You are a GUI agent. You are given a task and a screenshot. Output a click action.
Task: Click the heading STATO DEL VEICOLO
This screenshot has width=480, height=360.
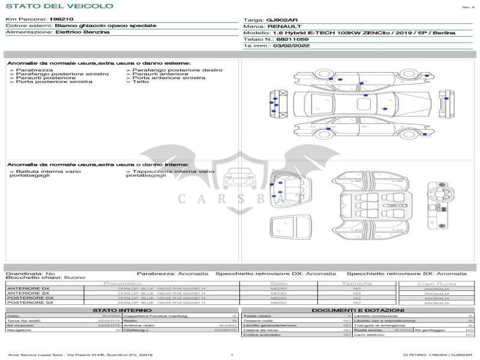59,6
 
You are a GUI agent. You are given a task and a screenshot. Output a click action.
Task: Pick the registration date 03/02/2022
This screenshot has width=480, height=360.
291,46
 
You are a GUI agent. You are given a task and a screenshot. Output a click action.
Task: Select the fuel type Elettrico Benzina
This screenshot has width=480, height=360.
82,32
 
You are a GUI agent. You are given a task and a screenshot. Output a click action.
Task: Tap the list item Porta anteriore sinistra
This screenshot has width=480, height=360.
169,77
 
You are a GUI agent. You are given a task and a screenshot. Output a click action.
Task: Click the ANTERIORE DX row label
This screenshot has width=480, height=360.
28,289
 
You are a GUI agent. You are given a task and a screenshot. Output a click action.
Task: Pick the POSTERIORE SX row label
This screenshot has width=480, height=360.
29,302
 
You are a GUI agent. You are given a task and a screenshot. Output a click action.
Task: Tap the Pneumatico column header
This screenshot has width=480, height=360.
122,283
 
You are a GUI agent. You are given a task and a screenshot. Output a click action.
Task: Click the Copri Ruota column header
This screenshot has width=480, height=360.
436,283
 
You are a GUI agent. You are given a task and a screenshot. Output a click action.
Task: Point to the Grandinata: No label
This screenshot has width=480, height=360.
29,274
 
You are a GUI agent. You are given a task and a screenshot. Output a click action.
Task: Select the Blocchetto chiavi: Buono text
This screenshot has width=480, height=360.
45,278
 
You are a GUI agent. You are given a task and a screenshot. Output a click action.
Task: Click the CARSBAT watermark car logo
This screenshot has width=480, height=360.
238,177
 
